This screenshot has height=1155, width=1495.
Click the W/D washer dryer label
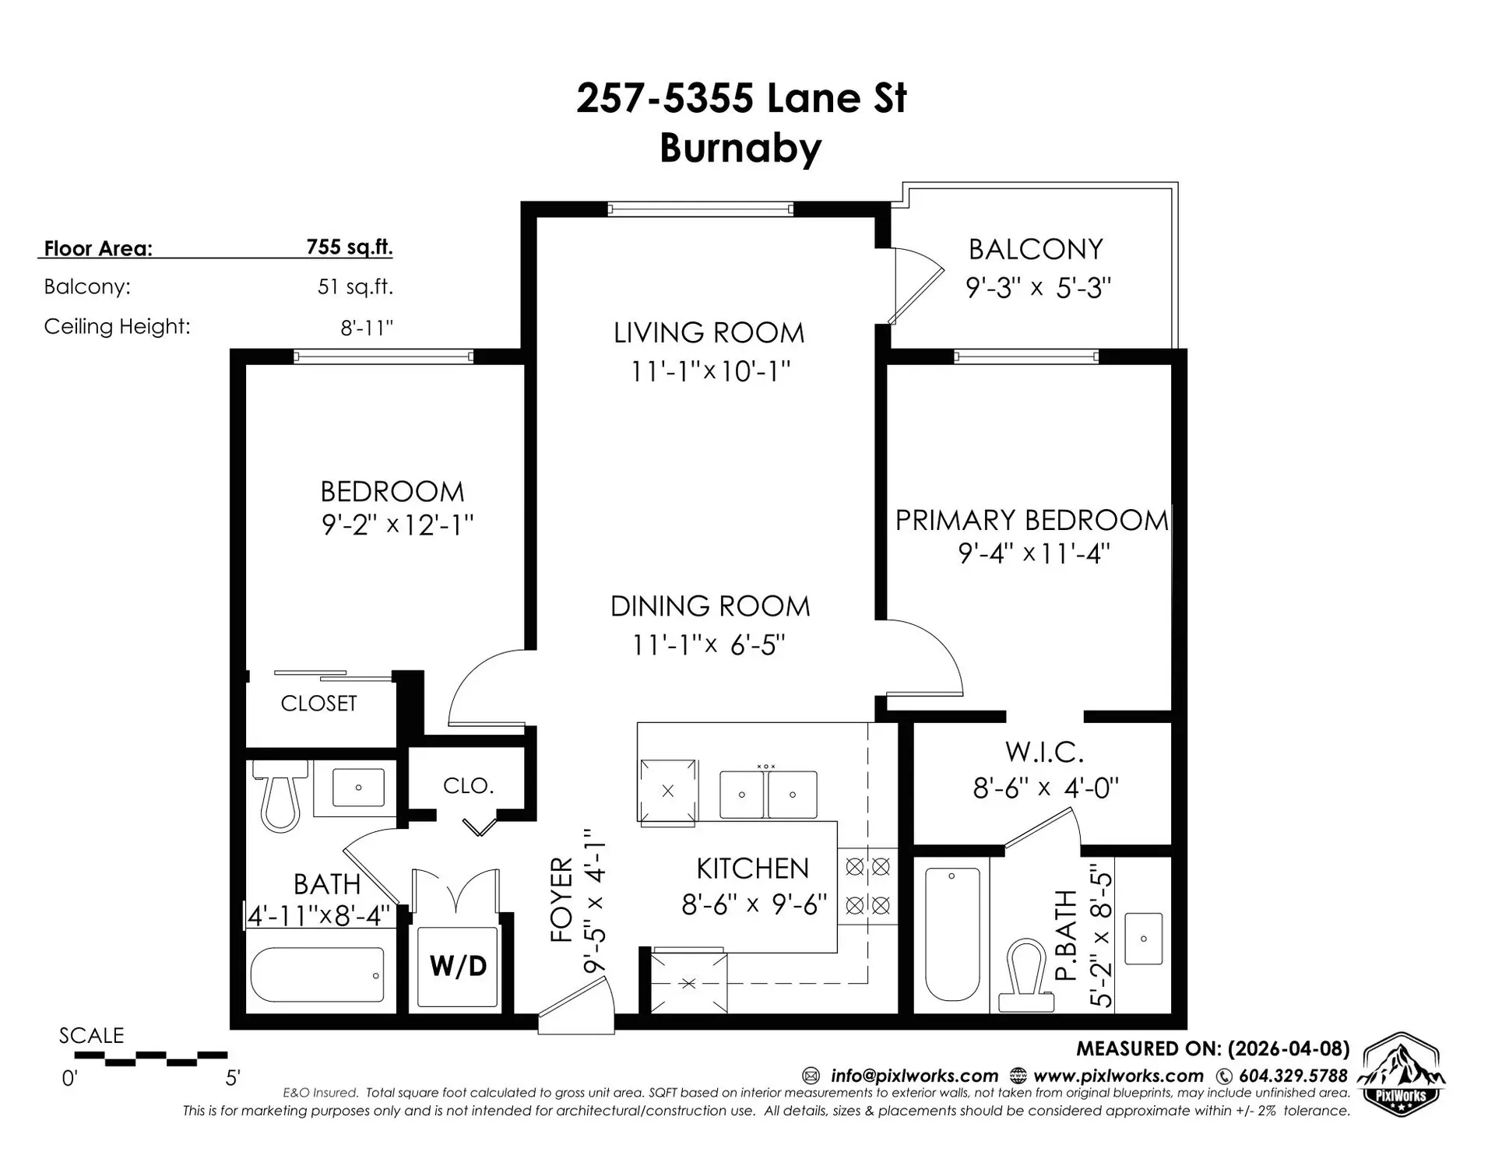click(458, 966)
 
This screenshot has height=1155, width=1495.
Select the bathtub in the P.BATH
click(952, 933)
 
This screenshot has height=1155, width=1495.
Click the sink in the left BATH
click(358, 787)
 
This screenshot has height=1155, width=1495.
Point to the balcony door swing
click(916, 285)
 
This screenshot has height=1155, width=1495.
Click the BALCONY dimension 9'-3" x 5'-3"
click(1037, 288)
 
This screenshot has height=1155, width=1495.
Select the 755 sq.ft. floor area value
click(349, 247)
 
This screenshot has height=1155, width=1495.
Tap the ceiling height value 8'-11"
click(366, 328)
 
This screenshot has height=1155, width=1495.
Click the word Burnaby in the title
click(740, 148)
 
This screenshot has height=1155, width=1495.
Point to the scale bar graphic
click(151, 1058)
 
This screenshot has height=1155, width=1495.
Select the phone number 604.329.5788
click(1293, 1076)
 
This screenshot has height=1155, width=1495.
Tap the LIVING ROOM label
click(709, 333)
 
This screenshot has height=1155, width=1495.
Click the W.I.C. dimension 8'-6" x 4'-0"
click(1045, 788)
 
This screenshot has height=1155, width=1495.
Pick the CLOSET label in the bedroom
click(318, 704)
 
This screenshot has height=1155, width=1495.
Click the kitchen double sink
click(768, 794)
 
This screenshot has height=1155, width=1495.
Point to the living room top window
click(700, 209)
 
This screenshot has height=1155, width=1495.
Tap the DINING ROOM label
click(709, 606)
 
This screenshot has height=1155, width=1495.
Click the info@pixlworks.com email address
click(913, 1076)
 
